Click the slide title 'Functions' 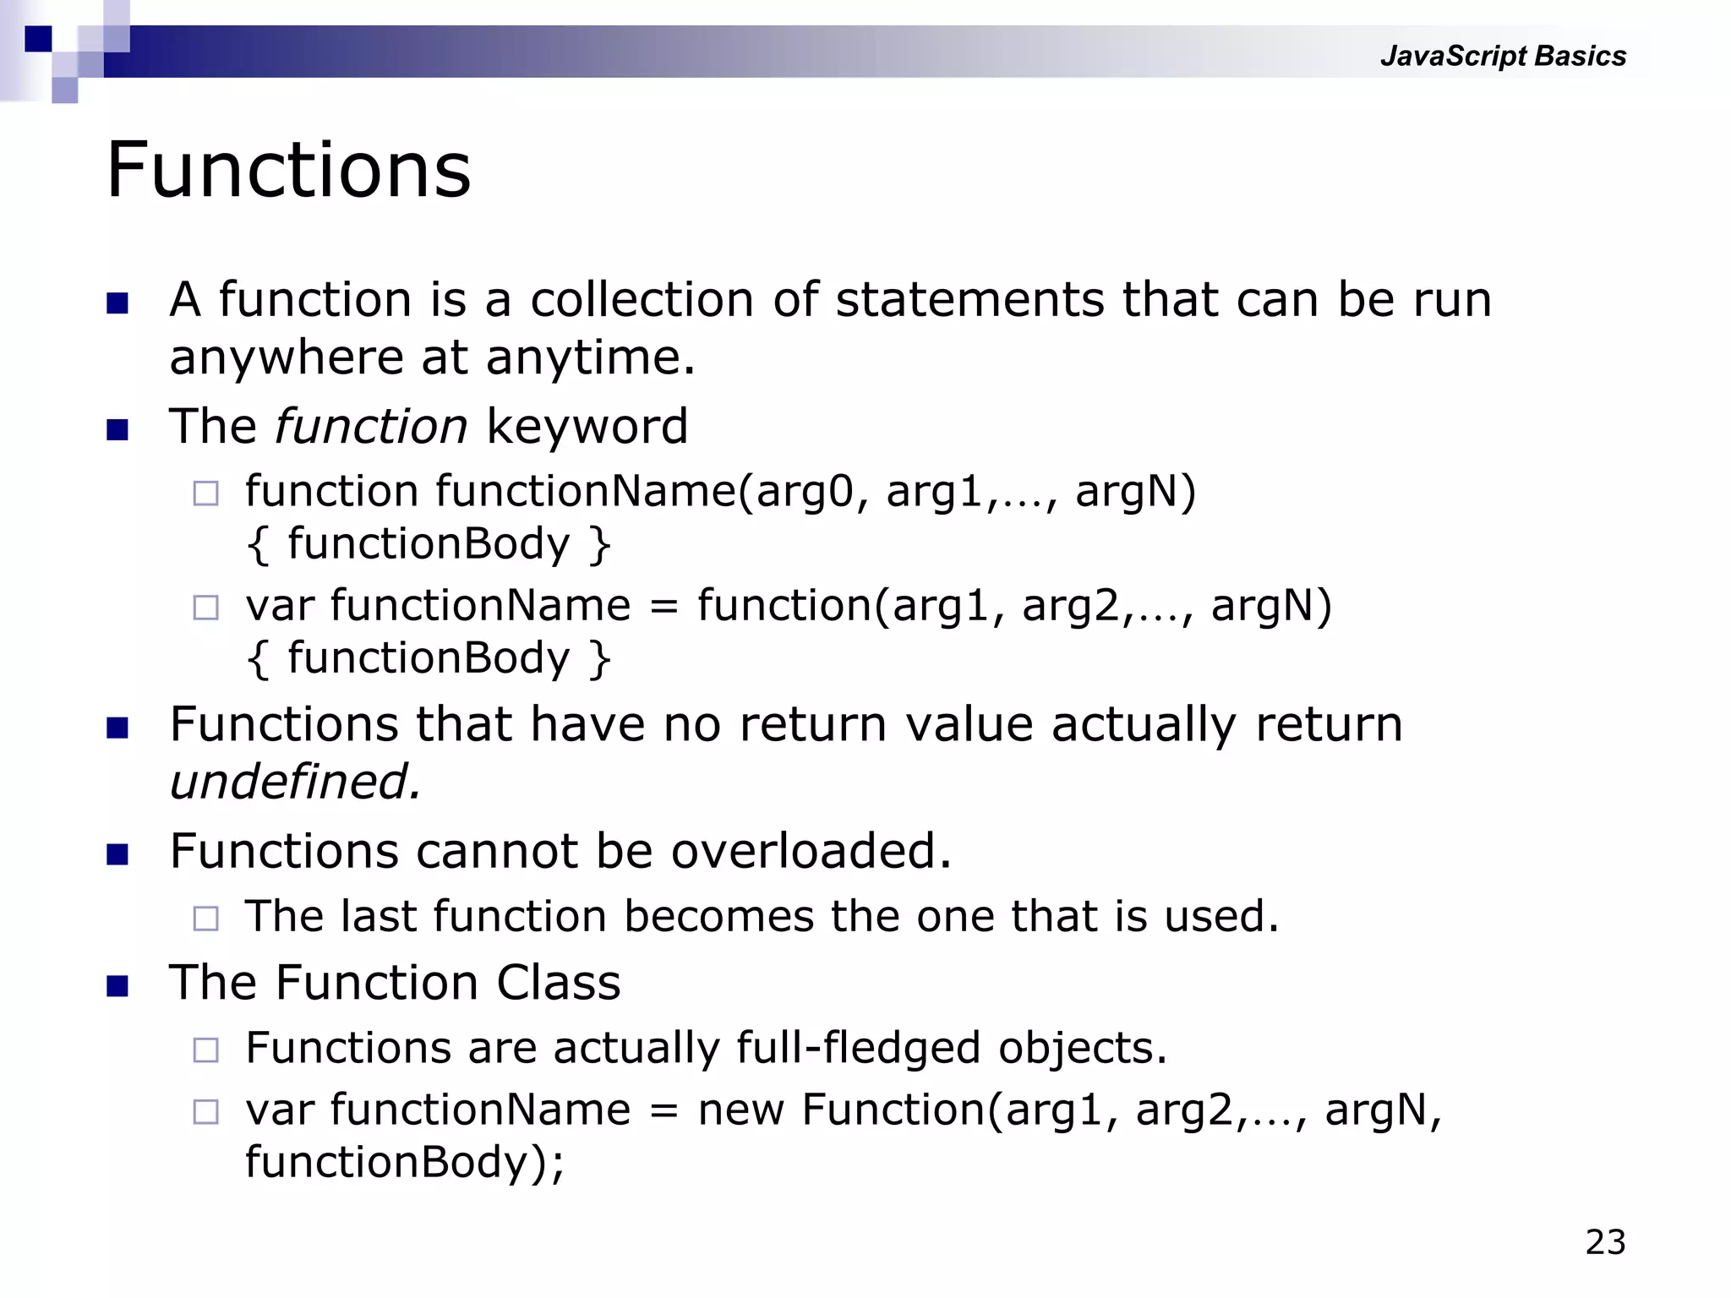click(288, 171)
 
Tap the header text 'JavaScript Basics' click(1503, 56)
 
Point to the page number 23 click(1605, 1242)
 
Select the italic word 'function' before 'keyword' click(370, 426)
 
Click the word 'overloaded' click(810, 851)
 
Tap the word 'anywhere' click(286, 357)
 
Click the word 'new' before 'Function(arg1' click(740, 1110)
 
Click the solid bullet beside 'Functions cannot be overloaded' click(117, 854)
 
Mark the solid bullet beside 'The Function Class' click(117, 986)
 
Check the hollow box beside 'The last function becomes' click(205, 919)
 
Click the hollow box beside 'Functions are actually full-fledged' click(205, 1050)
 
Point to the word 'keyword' click(587, 426)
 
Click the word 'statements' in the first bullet click(969, 300)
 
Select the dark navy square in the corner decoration click(38, 39)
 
